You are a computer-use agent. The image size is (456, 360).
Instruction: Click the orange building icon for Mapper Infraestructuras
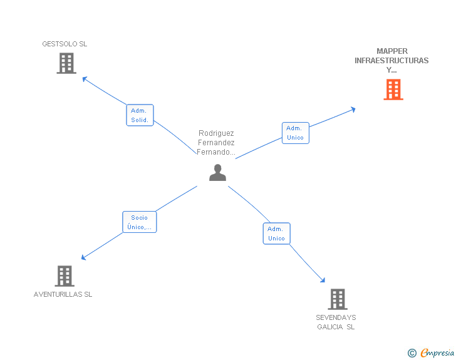coord(393,90)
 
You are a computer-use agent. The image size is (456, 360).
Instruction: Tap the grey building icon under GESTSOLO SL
coord(66,63)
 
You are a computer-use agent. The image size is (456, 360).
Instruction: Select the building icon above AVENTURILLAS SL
coord(65,275)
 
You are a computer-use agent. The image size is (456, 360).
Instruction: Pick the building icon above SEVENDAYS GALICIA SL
coord(337,299)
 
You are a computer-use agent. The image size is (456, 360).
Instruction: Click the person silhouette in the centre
coord(217,172)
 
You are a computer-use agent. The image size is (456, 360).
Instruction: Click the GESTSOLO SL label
coord(65,44)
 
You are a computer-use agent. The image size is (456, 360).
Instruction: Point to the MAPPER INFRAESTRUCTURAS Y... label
coord(391,61)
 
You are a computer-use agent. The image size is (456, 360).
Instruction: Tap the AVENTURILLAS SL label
coord(63,294)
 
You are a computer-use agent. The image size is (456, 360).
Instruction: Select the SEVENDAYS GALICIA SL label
coord(336,322)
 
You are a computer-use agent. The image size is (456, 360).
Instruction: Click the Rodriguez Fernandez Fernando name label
coord(217,142)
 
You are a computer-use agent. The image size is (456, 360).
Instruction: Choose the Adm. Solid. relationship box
coord(140,115)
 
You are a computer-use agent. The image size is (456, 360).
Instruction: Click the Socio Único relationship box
coord(139,222)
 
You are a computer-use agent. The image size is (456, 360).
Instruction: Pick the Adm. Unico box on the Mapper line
coord(295,133)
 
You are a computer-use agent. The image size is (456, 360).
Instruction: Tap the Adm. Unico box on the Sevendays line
coord(276,234)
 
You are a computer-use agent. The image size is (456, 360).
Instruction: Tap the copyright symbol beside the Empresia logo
coord(412,353)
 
